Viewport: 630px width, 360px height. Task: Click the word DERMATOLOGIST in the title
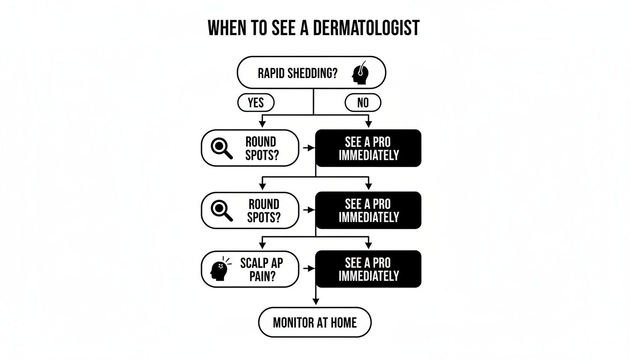point(365,29)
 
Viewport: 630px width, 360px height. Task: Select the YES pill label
point(255,103)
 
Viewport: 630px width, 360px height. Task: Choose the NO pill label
point(363,103)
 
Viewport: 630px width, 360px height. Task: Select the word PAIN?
point(262,276)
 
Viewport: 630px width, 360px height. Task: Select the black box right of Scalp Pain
point(368,269)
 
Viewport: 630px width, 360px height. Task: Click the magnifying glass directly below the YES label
point(222,148)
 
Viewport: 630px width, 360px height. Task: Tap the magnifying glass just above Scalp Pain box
point(222,210)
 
